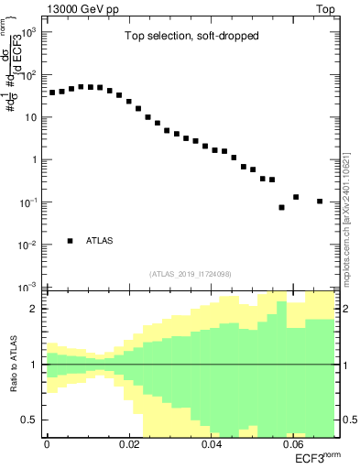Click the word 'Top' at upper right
pyautogui.click(x=325, y=8)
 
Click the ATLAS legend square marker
pyautogui.click(x=70, y=241)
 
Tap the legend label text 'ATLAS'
pyautogui.click(x=101, y=241)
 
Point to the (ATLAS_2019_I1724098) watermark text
pyautogui.click(x=191, y=273)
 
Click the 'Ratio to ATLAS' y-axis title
pyautogui.click(x=14, y=365)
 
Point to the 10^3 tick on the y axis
pyautogui.click(x=30, y=32)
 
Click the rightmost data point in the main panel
pyautogui.click(x=320, y=202)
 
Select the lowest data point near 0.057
pyautogui.click(x=282, y=208)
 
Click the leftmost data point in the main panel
pyautogui.click(x=52, y=93)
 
